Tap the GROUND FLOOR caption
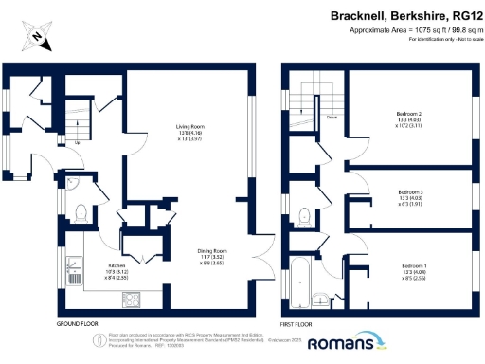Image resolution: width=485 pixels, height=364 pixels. click(x=78, y=324)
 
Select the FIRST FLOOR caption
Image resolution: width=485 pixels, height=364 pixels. click(x=302, y=324)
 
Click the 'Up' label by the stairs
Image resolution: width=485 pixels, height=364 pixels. click(x=76, y=144)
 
